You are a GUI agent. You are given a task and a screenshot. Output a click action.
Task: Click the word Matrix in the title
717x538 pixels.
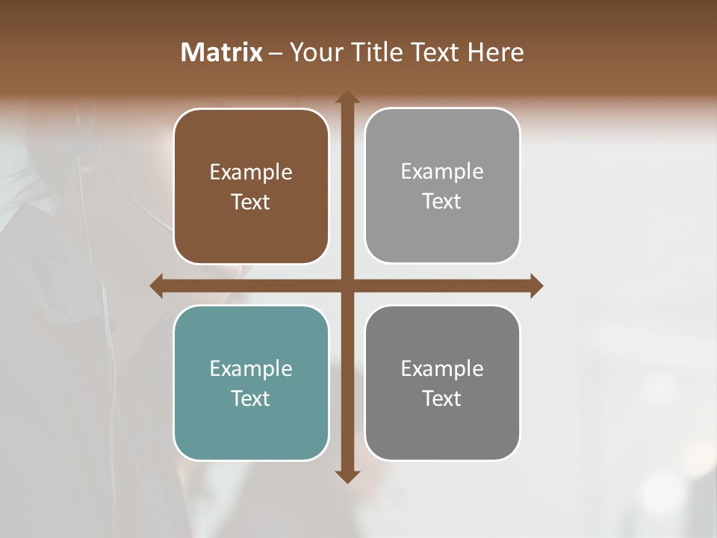click(x=222, y=52)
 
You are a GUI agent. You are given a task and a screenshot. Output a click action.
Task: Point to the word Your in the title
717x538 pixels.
click(x=318, y=52)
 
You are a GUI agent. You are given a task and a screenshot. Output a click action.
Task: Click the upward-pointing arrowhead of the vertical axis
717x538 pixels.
click(x=347, y=97)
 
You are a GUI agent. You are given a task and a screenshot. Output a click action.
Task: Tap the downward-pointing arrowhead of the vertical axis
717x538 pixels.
click(x=347, y=476)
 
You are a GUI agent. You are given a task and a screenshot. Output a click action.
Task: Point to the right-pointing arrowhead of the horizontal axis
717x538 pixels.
click(x=536, y=286)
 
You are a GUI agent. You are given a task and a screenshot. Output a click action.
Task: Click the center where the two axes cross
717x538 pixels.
click(x=347, y=286)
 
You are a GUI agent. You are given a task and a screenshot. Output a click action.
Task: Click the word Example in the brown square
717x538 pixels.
click(x=251, y=173)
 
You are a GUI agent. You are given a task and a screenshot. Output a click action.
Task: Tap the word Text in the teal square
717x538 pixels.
click(x=251, y=398)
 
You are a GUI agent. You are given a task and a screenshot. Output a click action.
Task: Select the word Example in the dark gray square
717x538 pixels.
click(x=442, y=368)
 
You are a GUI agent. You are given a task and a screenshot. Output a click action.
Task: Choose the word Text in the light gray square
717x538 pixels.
click(x=442, y=201)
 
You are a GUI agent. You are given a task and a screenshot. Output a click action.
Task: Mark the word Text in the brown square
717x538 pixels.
click(x=251, y=202)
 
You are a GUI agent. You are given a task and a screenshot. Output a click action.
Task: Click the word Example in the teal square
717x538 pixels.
click(x=251, y=368)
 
